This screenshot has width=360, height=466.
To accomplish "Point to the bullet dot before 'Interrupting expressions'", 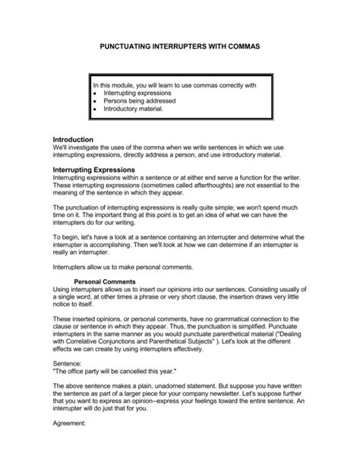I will tap(93, 93).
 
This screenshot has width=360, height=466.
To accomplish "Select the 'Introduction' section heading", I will tap(72, 140).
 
